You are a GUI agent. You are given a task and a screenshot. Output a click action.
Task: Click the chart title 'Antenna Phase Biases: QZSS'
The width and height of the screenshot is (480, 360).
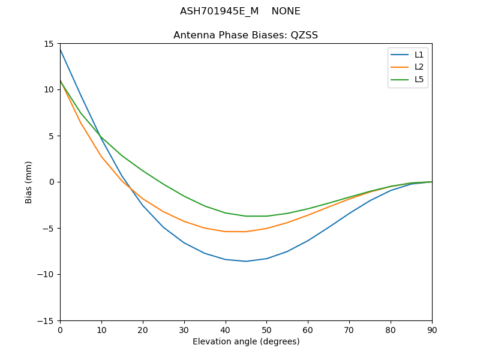pos(245,35)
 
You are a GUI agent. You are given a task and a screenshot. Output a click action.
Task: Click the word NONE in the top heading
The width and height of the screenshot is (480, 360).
pos(286,11)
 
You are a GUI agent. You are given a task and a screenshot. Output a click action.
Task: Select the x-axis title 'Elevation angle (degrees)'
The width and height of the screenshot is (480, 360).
pos(246,342)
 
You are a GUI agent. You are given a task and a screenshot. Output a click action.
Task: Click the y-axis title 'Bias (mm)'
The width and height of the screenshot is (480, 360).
pos(29,182)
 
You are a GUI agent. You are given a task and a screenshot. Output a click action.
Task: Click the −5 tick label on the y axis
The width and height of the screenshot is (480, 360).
pos(50,229)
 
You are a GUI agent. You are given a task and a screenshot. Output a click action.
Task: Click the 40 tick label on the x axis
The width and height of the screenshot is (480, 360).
pos(226,330)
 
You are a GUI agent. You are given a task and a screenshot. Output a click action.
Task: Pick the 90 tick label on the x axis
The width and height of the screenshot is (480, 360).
pos(432,330)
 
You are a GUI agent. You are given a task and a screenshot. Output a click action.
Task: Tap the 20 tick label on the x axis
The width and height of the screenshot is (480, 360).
pos(143,330)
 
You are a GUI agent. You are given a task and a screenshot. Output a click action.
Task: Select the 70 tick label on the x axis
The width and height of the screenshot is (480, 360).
pos(349,330)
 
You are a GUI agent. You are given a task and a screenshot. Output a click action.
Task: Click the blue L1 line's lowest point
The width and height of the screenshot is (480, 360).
pos(246,261)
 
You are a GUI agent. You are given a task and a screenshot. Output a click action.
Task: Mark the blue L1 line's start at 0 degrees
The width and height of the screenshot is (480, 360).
pos(61,49)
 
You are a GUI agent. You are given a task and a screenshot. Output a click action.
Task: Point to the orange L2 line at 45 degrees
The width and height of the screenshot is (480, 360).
pos(246,232)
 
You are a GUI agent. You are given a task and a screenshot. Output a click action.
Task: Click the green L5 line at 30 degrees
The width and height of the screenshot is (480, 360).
pos(184,196)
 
